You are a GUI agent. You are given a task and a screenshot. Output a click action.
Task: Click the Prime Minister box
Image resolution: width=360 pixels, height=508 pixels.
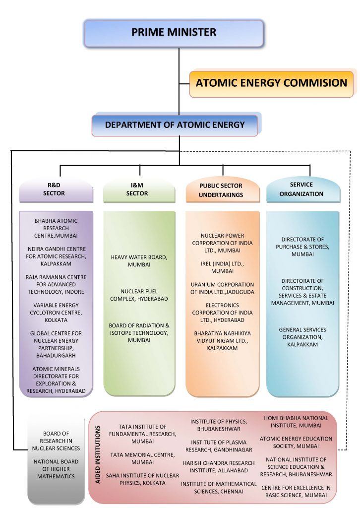click(174, 33)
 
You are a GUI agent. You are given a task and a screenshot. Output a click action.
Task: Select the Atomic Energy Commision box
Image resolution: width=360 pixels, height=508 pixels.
click(271, 83)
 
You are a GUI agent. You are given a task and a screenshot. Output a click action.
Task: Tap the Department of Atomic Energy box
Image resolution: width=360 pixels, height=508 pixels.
click(175, 125)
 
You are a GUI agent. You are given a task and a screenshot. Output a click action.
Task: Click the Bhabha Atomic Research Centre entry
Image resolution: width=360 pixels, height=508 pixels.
click(56, 228)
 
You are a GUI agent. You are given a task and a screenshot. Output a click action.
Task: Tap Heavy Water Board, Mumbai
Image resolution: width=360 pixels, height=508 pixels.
click(139, 261)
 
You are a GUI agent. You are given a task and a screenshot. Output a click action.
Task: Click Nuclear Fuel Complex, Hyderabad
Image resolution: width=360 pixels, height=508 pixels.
click(139, 295)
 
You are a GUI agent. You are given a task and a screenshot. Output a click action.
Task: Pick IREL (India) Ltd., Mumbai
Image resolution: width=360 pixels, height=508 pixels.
click(222, 268)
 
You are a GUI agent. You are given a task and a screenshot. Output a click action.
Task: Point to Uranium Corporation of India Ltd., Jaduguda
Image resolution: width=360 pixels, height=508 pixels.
click(222, 288)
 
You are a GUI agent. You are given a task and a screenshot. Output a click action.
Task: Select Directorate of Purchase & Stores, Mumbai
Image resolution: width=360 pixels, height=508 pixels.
click(302, 247)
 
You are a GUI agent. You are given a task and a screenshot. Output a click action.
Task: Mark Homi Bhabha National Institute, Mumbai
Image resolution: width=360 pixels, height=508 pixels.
click(296, 422)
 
